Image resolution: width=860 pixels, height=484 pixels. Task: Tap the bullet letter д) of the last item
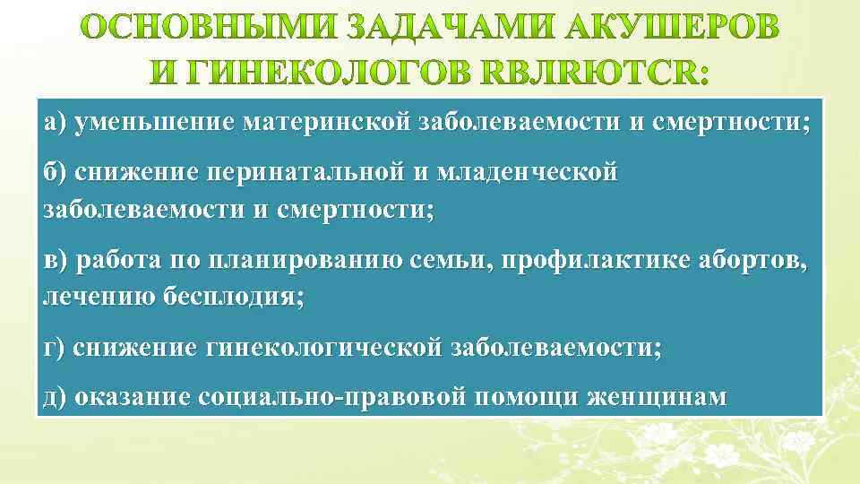coord(55,396)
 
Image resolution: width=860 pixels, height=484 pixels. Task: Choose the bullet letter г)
coord(54,349)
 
